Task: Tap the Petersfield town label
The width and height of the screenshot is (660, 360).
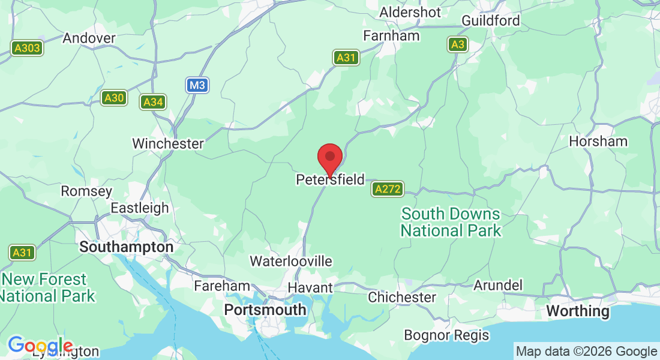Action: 330,179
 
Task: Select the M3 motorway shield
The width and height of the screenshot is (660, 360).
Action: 197,86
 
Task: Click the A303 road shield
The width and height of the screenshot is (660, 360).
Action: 27,49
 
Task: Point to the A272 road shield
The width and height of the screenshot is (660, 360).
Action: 387,190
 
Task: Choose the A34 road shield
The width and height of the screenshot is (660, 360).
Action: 153,102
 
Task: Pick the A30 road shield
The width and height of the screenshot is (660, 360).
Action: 114,98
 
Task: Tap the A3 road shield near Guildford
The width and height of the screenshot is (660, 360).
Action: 458,44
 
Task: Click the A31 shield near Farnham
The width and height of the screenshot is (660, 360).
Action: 346,58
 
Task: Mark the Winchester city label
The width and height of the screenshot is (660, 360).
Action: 168,143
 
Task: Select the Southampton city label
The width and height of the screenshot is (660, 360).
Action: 127,247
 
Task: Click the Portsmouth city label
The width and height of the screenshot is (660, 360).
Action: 265,310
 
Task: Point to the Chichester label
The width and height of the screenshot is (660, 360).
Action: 402,297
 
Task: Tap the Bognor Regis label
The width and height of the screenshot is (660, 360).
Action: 446,335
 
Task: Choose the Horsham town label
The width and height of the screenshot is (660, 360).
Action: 598,142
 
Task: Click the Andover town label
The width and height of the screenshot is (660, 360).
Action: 89,38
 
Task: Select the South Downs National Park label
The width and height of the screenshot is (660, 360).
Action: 451,222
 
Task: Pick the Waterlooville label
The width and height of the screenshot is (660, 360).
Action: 291,261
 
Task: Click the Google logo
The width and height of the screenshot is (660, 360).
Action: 40,346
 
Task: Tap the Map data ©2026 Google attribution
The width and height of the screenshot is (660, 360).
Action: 586,352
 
